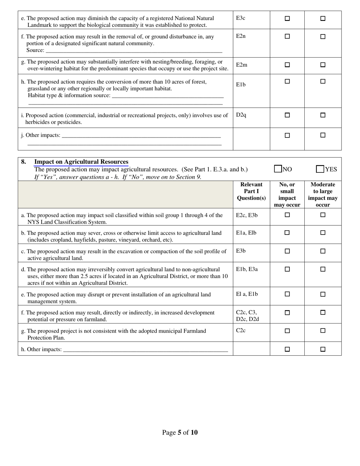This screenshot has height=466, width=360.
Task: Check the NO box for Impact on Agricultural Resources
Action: click(x=278, y=169)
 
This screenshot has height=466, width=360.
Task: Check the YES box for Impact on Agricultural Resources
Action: click(x=320, y=169)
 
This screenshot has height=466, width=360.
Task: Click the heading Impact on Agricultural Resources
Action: click(x=81, y=162)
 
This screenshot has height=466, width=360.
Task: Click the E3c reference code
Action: click(x=241, y=18)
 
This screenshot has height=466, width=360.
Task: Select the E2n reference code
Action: click(x=241, y=36)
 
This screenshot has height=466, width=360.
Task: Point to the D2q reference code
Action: click(x=241, y=114)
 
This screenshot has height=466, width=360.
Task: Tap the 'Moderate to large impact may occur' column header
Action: click(x=322, y=194)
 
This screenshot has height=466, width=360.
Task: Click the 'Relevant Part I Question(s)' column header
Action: click(x=251, y=191)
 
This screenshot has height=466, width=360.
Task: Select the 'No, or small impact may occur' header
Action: click(x=287, y=194)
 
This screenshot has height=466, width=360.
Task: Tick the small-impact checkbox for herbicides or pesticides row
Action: click(x=287, y=115)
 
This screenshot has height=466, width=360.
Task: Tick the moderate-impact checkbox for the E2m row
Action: click(x=323, y=65)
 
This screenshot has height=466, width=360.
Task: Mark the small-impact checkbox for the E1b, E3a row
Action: click(x=287, y=269)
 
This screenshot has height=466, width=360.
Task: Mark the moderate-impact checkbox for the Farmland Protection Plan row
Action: click(x=323, y=331)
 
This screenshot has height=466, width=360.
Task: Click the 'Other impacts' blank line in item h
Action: click(x=146, y=349)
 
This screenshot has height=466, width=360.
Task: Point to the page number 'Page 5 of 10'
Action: click(x=180, y=432)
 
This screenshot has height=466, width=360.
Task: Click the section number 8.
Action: click(x=23, y=162)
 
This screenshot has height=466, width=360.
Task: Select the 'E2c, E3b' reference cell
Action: click(x=247, y=215)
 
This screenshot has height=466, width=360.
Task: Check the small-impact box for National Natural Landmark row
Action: click(x=287, y=18)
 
